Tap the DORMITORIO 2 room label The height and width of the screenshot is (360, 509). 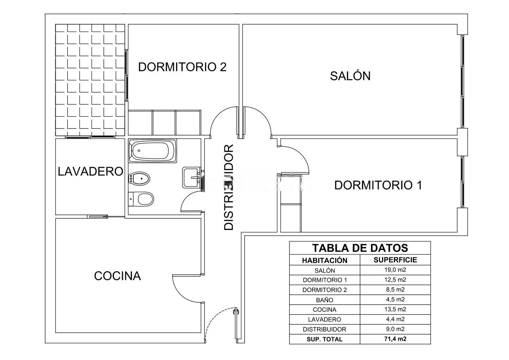[182, 67]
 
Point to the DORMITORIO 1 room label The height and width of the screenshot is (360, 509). [378, 185]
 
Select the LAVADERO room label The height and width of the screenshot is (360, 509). [91, 171]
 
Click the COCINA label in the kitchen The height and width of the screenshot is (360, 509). [117, 276]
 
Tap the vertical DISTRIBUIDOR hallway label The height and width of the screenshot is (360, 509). [229, 187]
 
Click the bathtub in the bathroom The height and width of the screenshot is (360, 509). [153, 151]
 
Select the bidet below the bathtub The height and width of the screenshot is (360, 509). [139, 179]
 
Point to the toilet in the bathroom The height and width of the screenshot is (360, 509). [141, 199]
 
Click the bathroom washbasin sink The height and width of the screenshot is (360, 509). [191, 178]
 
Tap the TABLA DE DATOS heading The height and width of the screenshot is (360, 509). [360, 248]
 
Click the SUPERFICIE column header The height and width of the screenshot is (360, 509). [395, 260]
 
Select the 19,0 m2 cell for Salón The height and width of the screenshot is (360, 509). [395, 270]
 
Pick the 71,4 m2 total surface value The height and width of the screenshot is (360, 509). [395, 339]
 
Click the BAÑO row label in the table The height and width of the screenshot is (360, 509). [324, 300]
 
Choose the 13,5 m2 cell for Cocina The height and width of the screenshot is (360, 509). [395, 309]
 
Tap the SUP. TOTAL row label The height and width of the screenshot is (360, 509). [324, 339]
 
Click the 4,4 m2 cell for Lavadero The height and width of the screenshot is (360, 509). [395, 319]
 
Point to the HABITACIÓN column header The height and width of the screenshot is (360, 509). [325, 260]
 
